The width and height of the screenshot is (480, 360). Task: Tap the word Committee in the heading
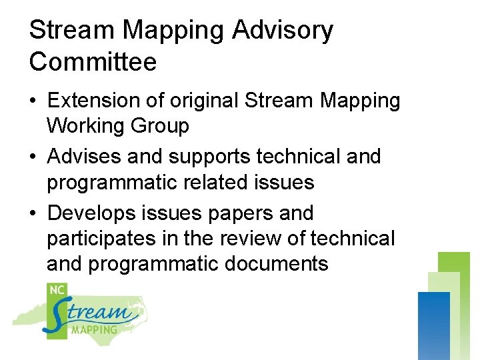[93, 62]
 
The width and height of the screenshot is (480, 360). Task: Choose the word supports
[210, 157]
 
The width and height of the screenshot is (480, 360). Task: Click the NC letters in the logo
[57, 290]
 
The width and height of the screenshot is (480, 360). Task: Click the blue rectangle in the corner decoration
[433, 325]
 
